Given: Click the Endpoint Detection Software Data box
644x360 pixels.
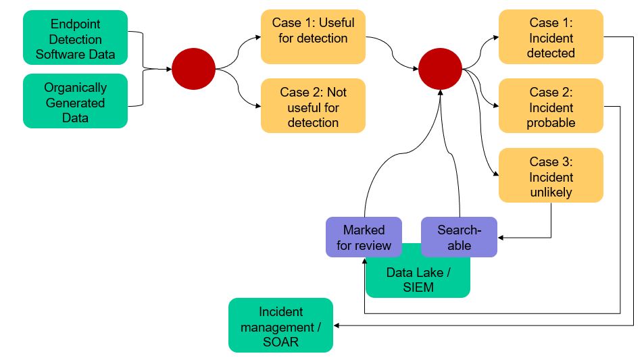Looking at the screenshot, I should tap(75, 39).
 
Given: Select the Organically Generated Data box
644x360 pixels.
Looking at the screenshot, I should tap(75, 102).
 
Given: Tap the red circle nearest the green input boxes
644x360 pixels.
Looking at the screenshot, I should tap(193, 69).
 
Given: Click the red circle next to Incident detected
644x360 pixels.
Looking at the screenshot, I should tap(440, 69).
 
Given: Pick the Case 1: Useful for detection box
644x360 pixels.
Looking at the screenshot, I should tap(313, 32).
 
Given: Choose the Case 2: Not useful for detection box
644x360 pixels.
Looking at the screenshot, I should tap(313, 107).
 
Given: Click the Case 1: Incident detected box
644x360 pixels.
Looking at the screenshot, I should tap(551, 38).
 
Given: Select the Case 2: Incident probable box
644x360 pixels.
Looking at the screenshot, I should tap(551, 107).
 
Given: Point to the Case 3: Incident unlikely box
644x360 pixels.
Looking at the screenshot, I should tap(551, 176).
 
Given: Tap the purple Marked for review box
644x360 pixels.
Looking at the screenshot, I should tap(364, 237).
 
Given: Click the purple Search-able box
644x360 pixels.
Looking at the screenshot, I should tap(459, 237).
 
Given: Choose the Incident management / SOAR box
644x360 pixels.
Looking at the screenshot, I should tap(280, 326).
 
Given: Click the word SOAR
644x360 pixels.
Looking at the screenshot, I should tap(280, 342).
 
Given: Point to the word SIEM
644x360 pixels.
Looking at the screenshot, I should tap(419, 288).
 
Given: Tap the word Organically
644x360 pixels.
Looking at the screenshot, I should tap(75, 87).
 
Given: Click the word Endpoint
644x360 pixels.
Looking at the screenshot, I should tap(75, 24).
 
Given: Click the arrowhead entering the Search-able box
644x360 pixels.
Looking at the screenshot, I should tap(501, 237).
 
